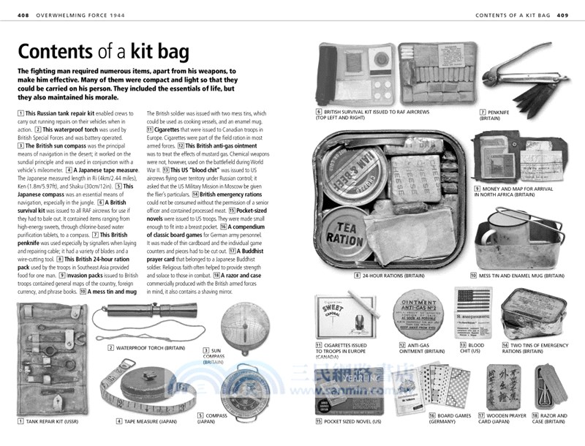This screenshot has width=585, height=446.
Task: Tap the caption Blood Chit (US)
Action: click(471, 348)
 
